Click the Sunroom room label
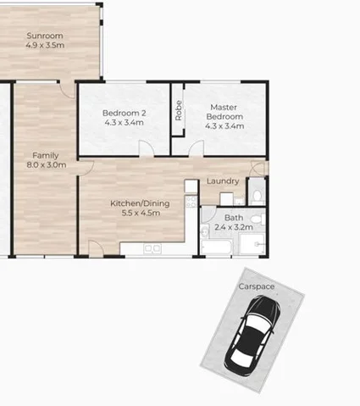pos(45,36)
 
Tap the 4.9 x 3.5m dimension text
pos(45,46)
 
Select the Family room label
pos(45,156)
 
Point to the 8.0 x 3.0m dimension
pos(45,166)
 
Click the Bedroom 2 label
pos(125,114)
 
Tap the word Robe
pos(179,111)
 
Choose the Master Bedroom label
pos(224,112)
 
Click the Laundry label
pos(222,181)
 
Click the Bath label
pos(233,218)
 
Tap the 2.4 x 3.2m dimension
pos(233,227)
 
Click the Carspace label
pos(256,287)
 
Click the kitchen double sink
pos(152,248)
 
